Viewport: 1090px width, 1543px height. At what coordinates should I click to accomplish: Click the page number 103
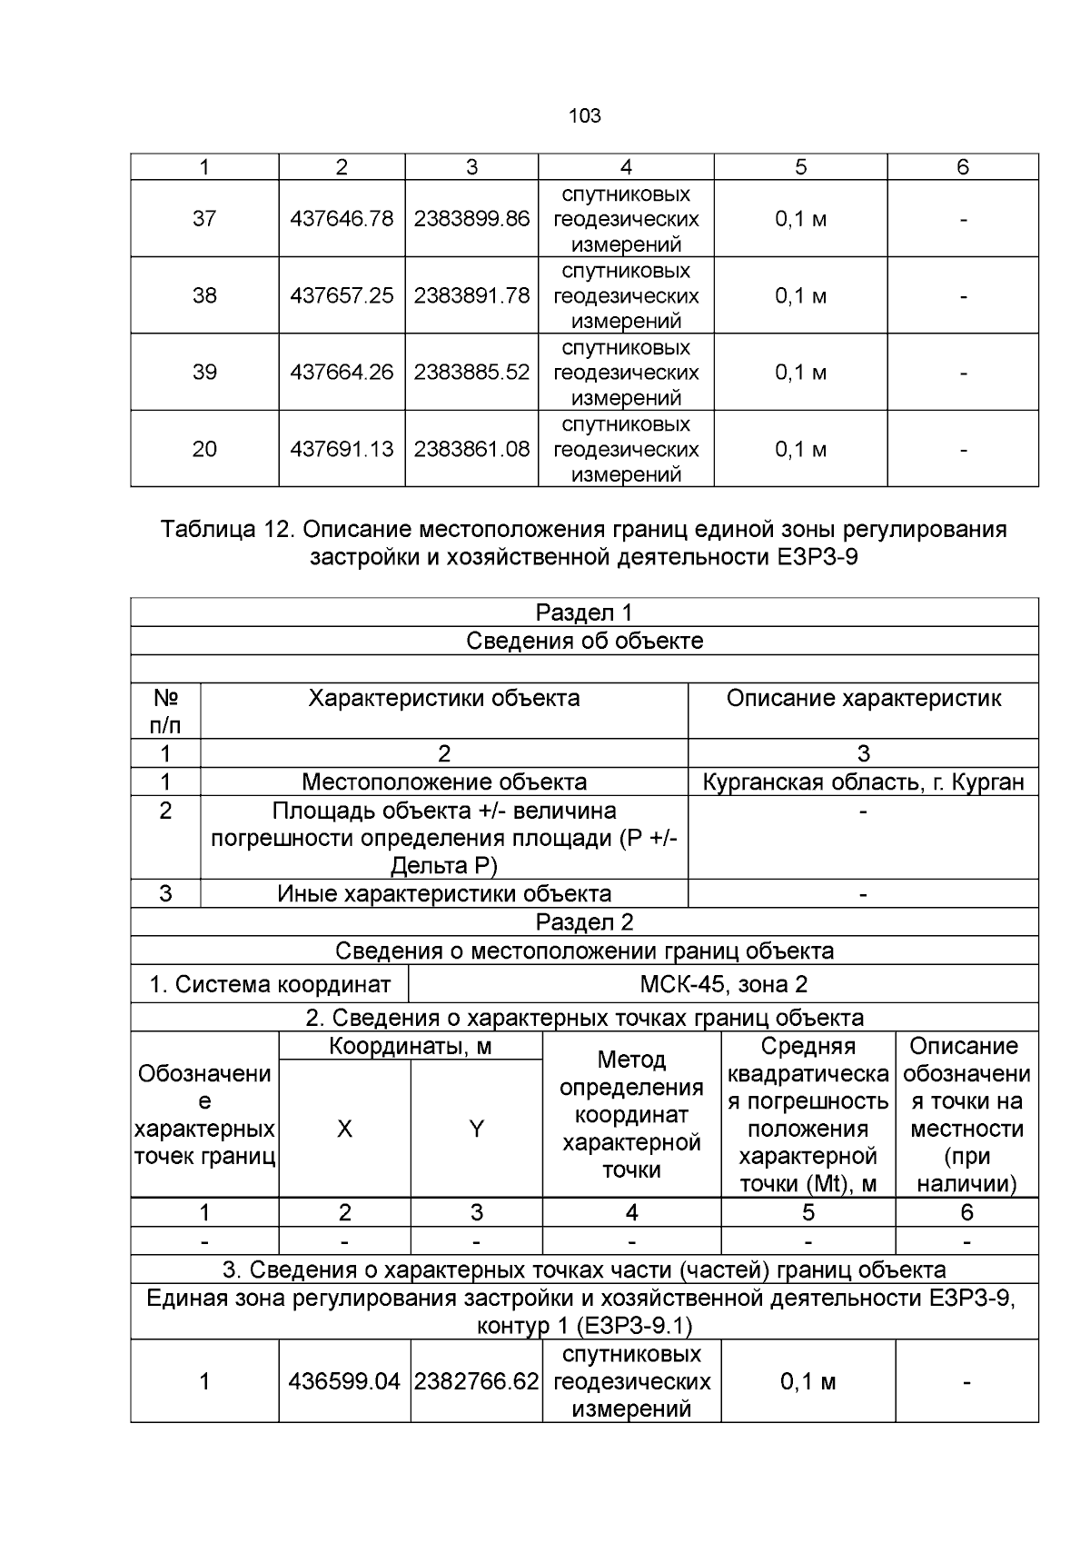click(584, 116)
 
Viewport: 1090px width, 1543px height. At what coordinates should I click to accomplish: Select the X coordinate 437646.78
click(342, 219)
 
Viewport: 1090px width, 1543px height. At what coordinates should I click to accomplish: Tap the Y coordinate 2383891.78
click(471, 296)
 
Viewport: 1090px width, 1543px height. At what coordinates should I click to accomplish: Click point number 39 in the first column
click(204, 373)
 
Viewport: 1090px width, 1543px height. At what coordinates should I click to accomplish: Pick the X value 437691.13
click(342, 449)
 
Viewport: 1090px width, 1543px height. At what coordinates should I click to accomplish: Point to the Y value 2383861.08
click(471, 449)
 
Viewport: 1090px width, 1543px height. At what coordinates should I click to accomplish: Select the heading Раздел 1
click(584, 612)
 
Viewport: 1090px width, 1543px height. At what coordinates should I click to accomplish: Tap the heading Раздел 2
click(584, 922)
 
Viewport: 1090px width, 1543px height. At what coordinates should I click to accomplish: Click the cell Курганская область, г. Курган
click(863, 781)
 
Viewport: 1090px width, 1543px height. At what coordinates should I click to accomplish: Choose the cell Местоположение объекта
click(444, 781)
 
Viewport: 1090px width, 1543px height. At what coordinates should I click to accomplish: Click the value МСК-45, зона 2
click(723, 984)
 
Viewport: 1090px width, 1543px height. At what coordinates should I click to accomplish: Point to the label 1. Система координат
click(270, 984)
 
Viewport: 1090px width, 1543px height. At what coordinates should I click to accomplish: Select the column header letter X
click(344, 1129)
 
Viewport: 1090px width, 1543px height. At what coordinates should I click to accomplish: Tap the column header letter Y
click(476, 1129)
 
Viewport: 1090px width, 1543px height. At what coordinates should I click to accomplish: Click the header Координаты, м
click(410, 1047)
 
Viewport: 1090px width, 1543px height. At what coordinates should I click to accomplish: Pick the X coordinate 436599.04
click(344, 1382)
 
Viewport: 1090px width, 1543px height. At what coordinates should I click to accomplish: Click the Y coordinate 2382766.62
click(476, 1382)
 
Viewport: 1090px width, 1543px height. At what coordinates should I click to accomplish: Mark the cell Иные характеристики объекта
click(444, 893)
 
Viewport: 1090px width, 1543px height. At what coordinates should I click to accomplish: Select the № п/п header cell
click(165, 711)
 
